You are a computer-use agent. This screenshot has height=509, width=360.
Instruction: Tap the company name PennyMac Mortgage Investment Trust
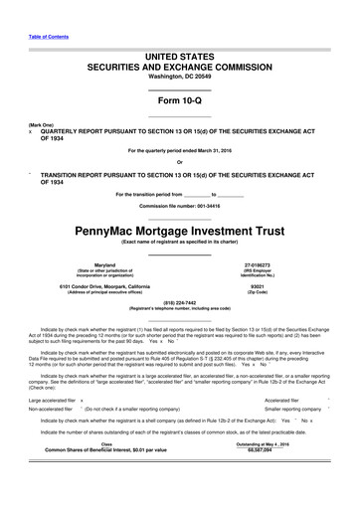click(x=179, y=229)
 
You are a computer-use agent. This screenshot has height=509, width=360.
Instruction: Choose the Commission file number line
click(x=179, y=205)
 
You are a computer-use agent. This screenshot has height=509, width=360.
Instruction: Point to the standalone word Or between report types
click(x=179, y=163)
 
